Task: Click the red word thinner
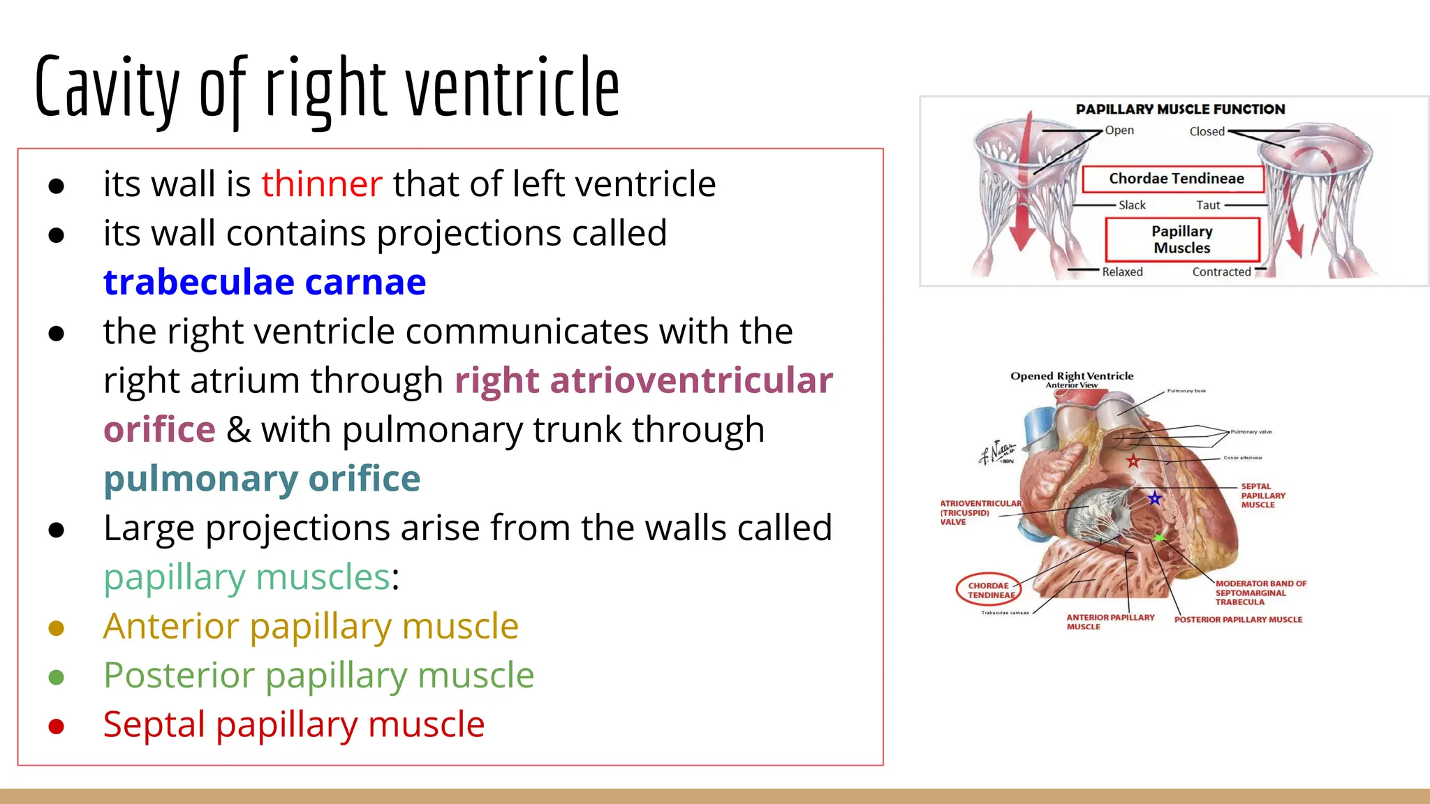(x=321, y=184)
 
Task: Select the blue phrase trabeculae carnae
(x=264, y=283)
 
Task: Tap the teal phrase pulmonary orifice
(x=262, y=479)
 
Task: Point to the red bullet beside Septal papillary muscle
(x=57, y=727)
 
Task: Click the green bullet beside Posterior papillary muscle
(x=57, y=677)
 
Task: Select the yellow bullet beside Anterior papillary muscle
(x=57, y=628)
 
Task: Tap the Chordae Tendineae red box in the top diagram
(x=1176, y=179)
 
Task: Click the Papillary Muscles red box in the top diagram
(x=1182, y=239)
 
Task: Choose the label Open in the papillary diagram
(x=1119, y=131)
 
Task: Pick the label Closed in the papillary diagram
(x=1207, y=131)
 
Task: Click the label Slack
(x=1132, y=205)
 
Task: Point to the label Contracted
(x=1221, y=272)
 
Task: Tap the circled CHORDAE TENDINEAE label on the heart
(x=989, y=590)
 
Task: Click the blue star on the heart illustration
(x=1155, y=498)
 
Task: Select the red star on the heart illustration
(x=1133, y=461)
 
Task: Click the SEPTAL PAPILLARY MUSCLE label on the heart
(x=1262, y=496)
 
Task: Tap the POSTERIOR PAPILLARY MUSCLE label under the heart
(x=1238, y=620)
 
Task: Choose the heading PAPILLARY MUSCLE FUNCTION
(x=1180, y=110)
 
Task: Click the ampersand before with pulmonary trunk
(x=238, y=430)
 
